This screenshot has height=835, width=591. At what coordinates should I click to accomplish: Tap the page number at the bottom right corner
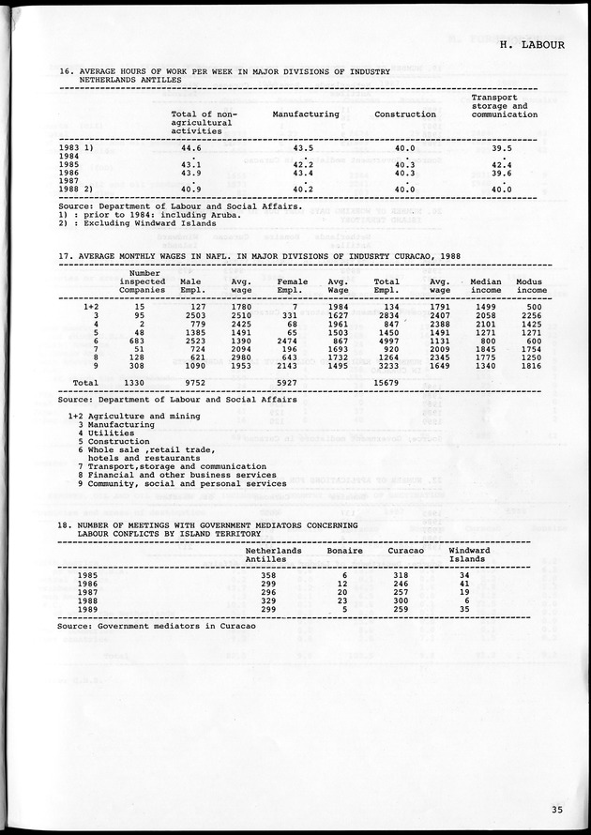point(558,811)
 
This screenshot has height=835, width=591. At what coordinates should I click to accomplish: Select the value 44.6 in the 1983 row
point(191,148)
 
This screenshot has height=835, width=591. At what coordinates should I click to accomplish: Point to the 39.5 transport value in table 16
point(502,148)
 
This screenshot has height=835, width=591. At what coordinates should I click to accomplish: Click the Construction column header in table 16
point(405,114)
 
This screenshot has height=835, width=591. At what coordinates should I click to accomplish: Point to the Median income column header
point(486,286)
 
